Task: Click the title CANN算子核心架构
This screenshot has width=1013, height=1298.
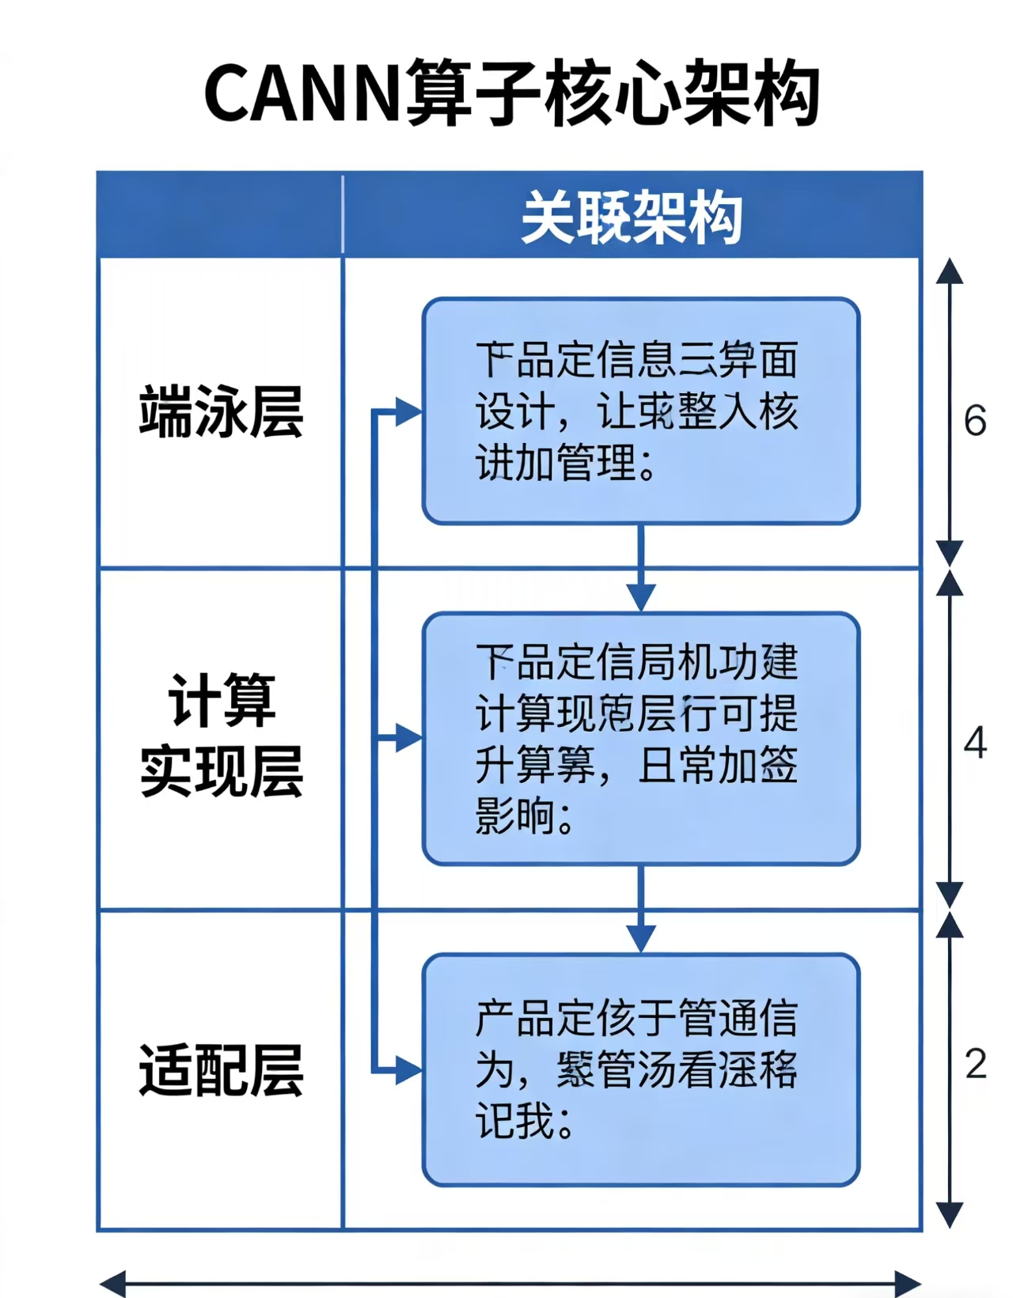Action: point(511,93)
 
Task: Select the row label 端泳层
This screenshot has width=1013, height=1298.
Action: point(221,411)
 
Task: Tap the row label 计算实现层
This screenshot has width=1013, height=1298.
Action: point(221,736)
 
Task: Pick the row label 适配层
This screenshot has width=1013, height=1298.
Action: point(221,1069)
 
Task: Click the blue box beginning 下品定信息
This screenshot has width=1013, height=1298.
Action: point(640,411)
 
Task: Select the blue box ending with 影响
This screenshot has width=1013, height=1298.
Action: point(640,738)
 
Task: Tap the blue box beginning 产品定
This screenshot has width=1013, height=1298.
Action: point(640,1069)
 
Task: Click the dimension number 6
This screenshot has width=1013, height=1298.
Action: point(975,421)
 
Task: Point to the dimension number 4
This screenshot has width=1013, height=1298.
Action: point(975,744)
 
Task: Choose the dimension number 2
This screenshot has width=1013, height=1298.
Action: point(975,1065)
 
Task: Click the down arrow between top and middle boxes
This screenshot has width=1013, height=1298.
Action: point(640,596)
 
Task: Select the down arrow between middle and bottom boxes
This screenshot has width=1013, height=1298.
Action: point(640,937)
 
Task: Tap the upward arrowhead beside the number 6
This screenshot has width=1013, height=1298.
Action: point(950,271)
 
